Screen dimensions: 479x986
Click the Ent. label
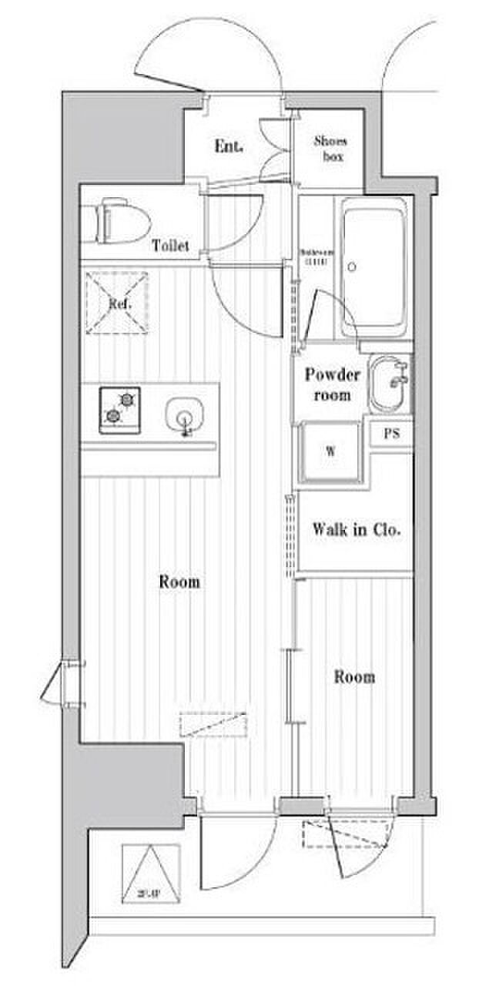(x=229, y=146)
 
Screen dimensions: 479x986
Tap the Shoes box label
(x=330, y=149)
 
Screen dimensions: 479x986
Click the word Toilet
(x=170, y=246)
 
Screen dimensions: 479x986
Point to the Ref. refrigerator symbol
(x=118, y=303)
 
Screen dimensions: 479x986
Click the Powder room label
(x=332, y=384)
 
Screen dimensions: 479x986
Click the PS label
(x=392, y=433)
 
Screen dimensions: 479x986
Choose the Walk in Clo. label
(x=357, y=530)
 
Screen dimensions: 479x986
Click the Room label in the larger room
(x=179, y=582)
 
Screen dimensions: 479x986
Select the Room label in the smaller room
(x=354, y=677)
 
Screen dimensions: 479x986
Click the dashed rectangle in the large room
(x=213, y=724)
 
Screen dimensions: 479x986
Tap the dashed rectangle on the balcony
(x=343, y=835)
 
